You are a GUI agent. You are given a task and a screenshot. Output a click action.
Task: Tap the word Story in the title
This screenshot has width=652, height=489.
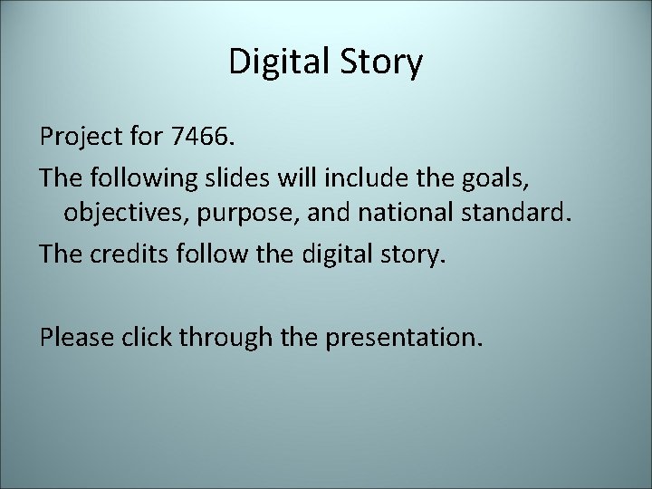click(379, 62)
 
